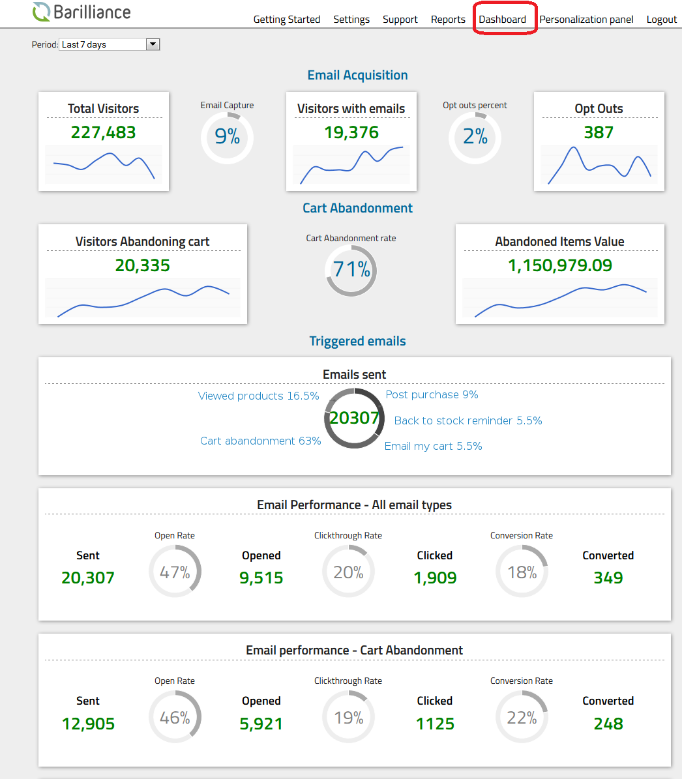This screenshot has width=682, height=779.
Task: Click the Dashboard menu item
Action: click(x=502, y=20)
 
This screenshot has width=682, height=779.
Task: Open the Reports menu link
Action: click(x=448, y=20)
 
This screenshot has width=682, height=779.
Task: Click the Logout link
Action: click(x=661, y=20)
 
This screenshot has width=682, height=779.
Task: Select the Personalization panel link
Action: click(x=586, y=20)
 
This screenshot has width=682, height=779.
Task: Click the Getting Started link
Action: click(x=287, y=20)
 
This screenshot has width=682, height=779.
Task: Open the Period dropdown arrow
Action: click(x=153, y=44)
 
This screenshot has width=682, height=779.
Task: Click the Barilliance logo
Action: click(x=82, y=12)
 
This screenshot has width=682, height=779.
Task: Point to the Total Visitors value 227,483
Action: click(x=104, y=132)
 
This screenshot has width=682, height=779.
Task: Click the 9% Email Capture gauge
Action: click(x=227, y=137)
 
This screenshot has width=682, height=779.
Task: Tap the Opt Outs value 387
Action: click(x=599, y=132)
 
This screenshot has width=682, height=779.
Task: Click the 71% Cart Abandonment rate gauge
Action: click(x=351, y=269)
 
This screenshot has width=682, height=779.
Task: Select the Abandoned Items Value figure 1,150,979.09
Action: click(x=560, y=265)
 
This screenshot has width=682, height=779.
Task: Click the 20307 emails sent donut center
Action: click(x=354, y=418)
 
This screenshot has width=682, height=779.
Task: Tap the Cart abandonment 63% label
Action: click(x=260, y=441)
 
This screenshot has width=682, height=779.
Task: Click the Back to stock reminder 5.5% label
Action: click(x=468, y=421)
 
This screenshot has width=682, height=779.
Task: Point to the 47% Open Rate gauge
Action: click(x=175, y=572)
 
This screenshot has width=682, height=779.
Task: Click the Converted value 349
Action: click(x=608, y=578)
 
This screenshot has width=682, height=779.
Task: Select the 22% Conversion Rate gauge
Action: click(x=522, y=717)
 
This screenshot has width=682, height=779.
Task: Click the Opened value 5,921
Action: click(x=261, y=724)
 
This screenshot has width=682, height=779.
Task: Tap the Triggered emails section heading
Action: click(x=357, y=341)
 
